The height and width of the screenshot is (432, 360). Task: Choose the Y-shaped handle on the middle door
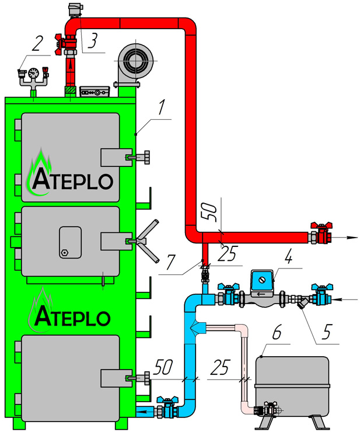click(x=146, y=241)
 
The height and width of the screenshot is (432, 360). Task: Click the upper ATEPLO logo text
click(x=71, y=180)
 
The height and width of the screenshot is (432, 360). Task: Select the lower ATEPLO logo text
click(x=71, y=316)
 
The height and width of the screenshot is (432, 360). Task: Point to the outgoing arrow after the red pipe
click(x=347, y=237)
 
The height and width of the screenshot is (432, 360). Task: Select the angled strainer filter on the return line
click(x=301, y=304)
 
